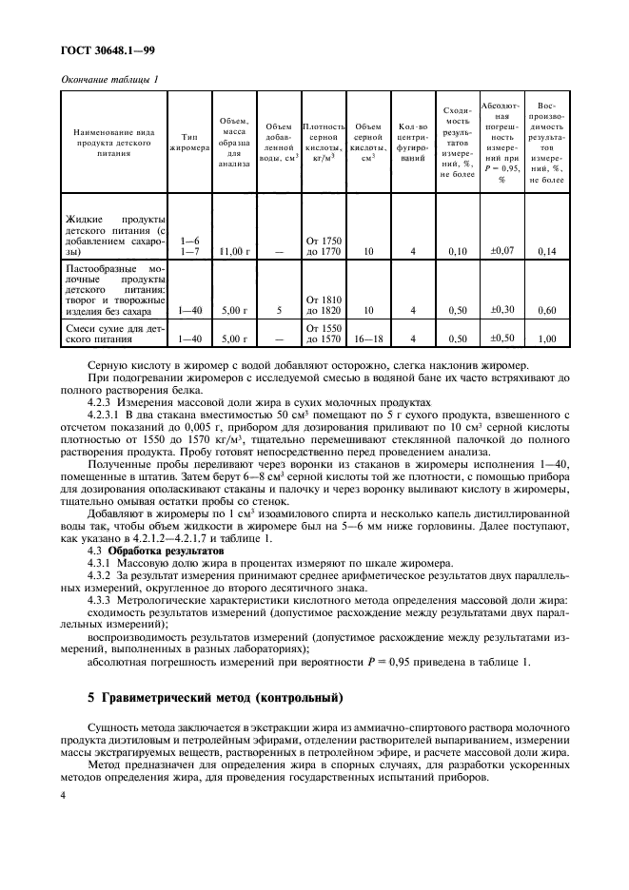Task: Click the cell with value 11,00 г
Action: coord(233,251)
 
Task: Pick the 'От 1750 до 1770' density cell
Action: coord(323,245)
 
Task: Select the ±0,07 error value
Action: coord(501,250)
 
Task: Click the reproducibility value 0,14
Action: coord(547,251)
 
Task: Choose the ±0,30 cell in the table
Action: coord(501,309)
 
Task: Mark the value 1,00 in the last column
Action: coord(547,339)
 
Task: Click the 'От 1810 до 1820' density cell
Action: coord(323,304)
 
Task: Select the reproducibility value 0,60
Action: coord(547,310)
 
